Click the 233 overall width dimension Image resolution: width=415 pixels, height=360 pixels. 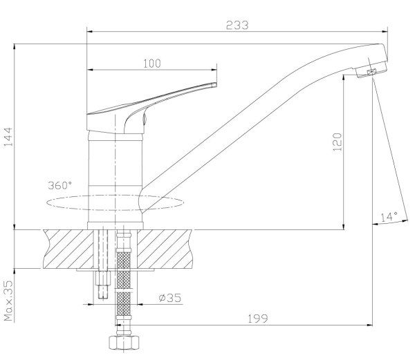237,25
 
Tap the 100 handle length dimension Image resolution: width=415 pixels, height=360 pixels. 152,64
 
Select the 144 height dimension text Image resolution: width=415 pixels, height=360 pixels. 8,137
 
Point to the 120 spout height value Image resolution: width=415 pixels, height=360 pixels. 337,142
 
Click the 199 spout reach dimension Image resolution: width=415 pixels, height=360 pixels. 258,319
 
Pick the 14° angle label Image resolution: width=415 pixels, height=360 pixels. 389,217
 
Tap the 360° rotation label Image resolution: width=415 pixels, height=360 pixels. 59,185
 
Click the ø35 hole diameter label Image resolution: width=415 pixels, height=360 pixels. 170,298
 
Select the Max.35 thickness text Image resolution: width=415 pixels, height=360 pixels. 8,301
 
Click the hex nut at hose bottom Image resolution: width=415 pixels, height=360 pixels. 124,343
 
